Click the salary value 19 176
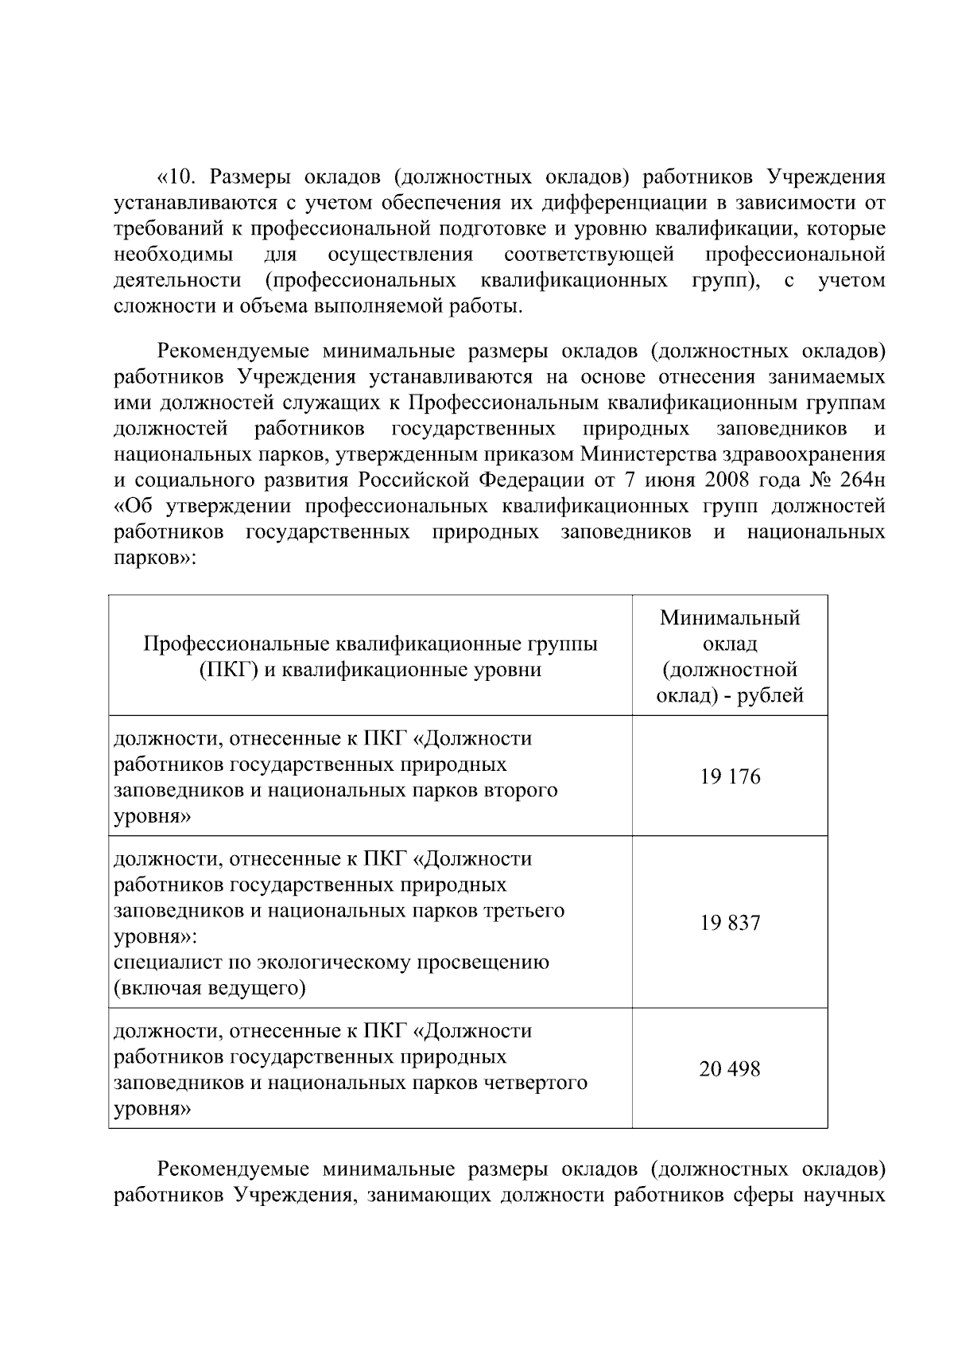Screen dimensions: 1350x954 coord(729,776)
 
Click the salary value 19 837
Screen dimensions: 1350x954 coord(729,923)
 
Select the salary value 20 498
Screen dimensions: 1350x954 coord(729,1069)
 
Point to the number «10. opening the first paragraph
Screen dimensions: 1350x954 coord(176,177)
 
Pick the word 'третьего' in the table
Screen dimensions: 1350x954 coord(524,910)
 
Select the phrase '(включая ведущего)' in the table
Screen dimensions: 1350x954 coord(210,989)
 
